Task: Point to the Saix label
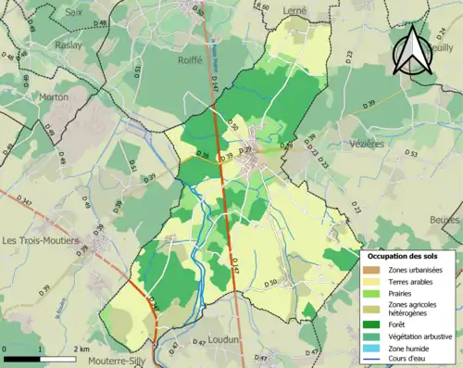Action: (x=74, y=12)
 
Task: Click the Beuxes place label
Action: (x=445, y=220)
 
